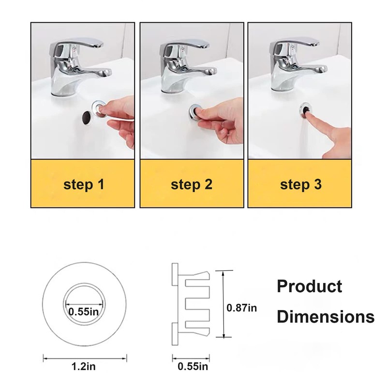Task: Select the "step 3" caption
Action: coord(301,184)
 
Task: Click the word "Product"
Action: coord(309,286)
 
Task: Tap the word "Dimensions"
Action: coord(325,317)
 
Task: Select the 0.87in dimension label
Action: coord(242,307)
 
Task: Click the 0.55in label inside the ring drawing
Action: coord(83,312)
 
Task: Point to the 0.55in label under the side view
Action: coord(193,368)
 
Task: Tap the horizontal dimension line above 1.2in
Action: coord(85,358)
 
